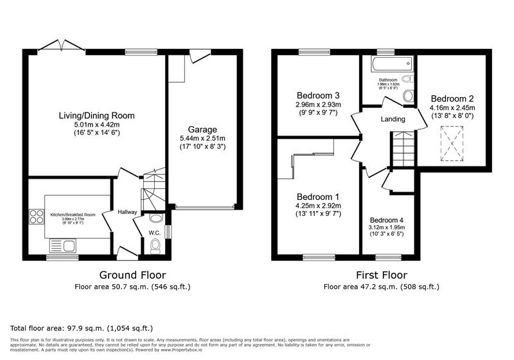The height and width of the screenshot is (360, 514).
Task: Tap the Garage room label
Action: click(x=202, y=129)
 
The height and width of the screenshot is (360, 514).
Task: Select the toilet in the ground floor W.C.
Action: click(x=154, y=246)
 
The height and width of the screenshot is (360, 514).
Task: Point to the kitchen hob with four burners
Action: click(x=35, y=217)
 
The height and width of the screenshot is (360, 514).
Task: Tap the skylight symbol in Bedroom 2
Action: click(x=453, y=142)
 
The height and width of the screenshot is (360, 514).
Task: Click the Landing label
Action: click(x=393, y=119)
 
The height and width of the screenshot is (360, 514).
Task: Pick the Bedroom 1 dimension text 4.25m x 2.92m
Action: click(x=317, y=206)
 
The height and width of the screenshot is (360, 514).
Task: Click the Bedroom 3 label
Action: click(x=317, y=95)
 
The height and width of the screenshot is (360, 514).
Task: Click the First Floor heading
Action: click(x=382, y=275)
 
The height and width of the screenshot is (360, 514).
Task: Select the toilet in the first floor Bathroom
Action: click(x=407, y=96)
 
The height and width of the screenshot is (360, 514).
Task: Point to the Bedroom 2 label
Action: click(x=452, y=99)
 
